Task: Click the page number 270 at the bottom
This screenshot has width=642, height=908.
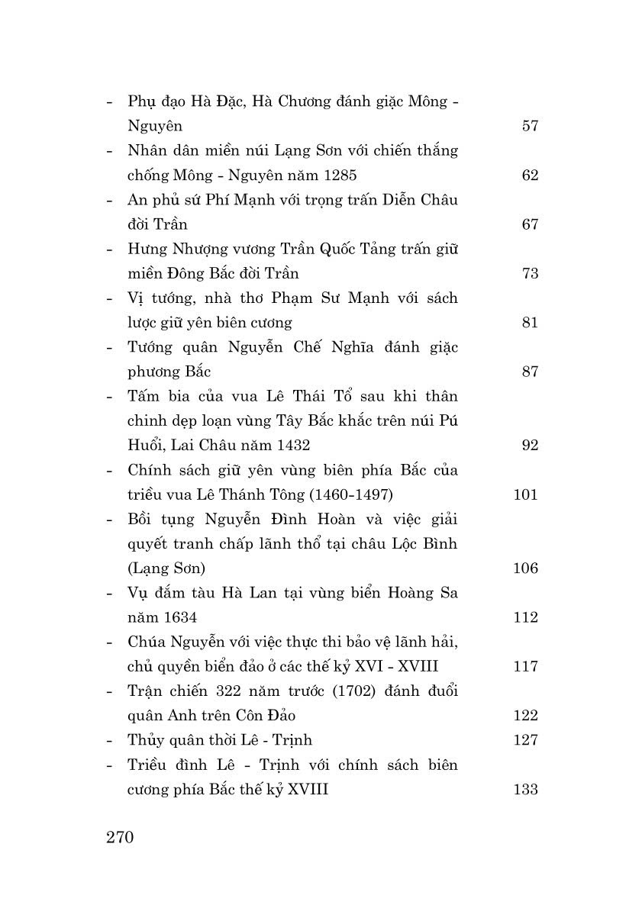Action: click(x=120, y=837)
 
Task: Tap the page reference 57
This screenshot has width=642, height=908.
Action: click(x=530, y=126)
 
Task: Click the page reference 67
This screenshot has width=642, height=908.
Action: click(x=530, y=224)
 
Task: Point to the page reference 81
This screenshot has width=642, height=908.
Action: click(x=530, y=323)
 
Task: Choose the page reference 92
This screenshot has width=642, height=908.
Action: click(x=530, y=445)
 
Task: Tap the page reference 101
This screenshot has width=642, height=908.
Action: click(x=525, y=494)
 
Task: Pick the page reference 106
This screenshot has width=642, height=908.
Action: click(x=525, y=568)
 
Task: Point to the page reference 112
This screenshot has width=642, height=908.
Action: click(x=525, y=617)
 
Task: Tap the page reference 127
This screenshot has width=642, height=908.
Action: click(x=525, y=739)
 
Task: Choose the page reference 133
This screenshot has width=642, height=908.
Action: click(x=525, y=789)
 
